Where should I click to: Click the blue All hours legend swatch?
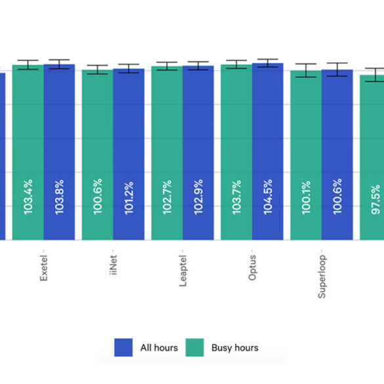coord(124,347)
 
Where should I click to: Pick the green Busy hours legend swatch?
coord(194,347)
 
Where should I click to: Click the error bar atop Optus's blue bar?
coord(268,63)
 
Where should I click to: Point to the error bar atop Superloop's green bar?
coord(306,70)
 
